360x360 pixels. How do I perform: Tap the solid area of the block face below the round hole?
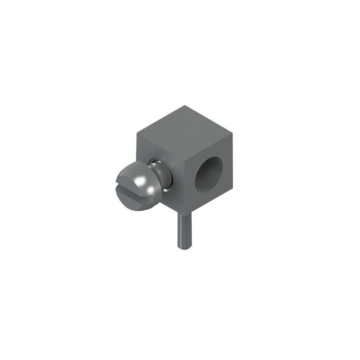point(211,198)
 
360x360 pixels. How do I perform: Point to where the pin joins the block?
point(184,215)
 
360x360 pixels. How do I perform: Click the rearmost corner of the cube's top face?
point(184,106)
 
